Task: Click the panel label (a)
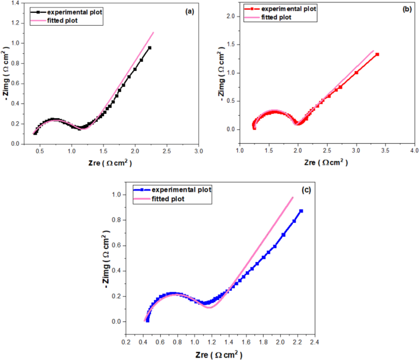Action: point(190,12)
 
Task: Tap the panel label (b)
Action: point(407,9)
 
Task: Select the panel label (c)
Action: point(306,190)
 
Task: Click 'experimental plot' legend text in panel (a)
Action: point(75,12)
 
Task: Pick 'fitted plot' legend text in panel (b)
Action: point(276,17)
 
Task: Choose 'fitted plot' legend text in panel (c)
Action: point(168,199)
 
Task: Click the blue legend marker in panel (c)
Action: point(142,190)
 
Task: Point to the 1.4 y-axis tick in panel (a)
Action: point(16,3)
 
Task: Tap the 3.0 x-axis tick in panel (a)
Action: point(199,151)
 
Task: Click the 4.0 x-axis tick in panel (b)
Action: point(415,151)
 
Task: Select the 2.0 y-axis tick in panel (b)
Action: point(231,17)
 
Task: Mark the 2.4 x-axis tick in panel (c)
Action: point(315,342)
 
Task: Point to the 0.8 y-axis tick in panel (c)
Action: point(116,220)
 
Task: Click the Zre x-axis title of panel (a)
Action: point(110,163)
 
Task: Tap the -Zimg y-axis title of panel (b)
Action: point(221,74)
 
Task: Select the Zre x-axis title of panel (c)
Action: point(219,354)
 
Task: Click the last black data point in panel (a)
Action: point(150,48)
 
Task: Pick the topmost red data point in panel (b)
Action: point(377,54)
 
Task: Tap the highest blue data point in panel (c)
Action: point(301,211)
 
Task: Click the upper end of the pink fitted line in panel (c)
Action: point(293,197)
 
